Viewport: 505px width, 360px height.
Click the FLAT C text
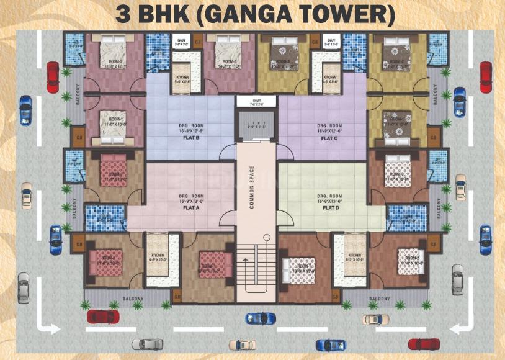329,138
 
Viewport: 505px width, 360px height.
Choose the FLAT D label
329,208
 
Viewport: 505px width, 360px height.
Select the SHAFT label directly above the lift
256,99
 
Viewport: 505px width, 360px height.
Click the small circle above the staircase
266,236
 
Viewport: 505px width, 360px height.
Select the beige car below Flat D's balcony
372,319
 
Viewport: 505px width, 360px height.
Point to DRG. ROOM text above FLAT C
329,126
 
